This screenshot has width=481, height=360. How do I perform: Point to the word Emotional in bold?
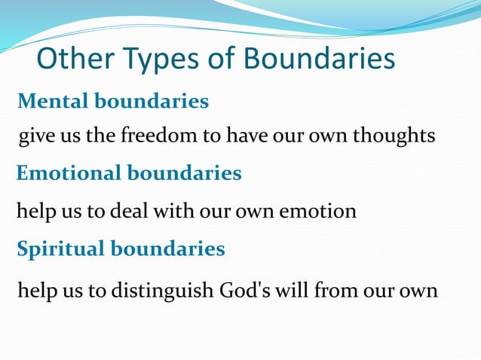click(69, 173)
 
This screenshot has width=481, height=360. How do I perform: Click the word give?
click(35, 136)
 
